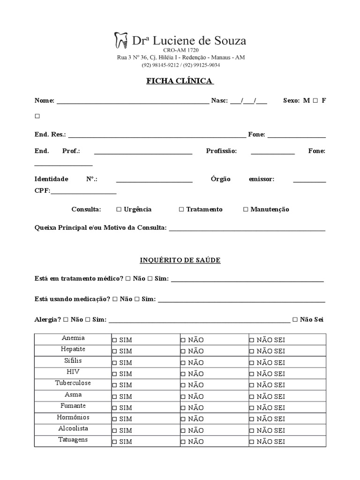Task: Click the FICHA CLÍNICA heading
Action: tap(180, 81)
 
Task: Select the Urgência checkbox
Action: tap(119, 210)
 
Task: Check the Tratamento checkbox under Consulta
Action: tap(181, 210)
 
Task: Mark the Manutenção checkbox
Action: tap(246, 210)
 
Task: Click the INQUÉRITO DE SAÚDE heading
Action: tap(180, 260)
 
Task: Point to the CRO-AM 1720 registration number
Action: tap(180, 50)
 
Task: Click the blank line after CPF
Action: tap(83, 192)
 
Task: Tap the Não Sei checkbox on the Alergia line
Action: tap(295, 320)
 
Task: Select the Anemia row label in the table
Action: tap(73, 338)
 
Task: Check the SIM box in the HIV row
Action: tap(114, 374)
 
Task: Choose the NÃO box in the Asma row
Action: tap(183, 397)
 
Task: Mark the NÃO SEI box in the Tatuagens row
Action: tap(252, 442)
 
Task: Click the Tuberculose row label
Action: tap(73, 383)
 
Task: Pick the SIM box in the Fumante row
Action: tap(114, 408)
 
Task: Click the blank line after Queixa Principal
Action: tap(247, 229)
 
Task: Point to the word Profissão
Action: tap(221, 151)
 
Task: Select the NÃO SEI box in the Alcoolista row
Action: tap(252, 430)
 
